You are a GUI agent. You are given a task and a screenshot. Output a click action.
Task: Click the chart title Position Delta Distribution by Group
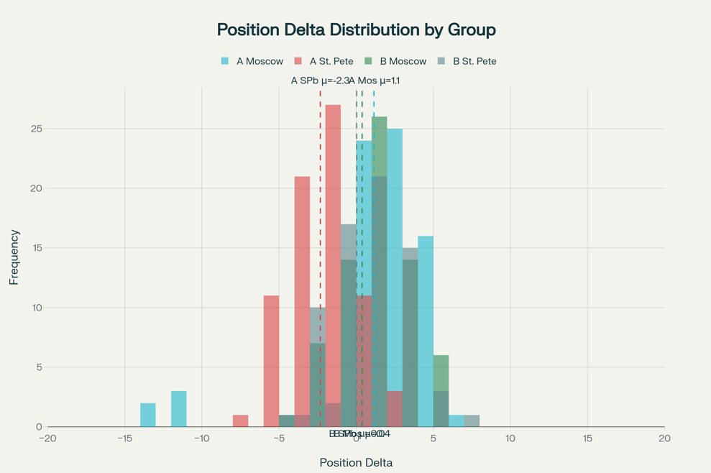tap(356, 29)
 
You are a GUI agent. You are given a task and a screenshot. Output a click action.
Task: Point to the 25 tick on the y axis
tap(36, 129)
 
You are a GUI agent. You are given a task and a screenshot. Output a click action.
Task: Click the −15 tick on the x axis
tap(124, 438)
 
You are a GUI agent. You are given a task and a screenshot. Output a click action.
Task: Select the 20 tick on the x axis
tap(664, 438)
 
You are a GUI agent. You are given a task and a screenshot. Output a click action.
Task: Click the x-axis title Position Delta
tap(356, 462)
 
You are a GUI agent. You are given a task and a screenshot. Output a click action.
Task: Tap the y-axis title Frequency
tap(14, 257)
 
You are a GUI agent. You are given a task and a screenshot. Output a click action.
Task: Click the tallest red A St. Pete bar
tap(333, 216)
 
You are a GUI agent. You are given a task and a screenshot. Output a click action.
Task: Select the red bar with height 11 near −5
tap(271, 359)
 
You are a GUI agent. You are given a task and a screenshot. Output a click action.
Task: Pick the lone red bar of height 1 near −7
tap(240, 421)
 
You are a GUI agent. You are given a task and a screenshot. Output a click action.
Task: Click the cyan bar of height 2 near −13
tap(148, 415)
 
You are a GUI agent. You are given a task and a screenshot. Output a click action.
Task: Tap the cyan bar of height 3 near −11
tap(178, 409)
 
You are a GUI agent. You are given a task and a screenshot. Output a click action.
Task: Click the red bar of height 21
tap(302, 288)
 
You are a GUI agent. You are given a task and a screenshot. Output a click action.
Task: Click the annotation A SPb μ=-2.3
tap(319, 81)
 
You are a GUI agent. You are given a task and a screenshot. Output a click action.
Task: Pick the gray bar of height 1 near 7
tap(472, 421)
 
